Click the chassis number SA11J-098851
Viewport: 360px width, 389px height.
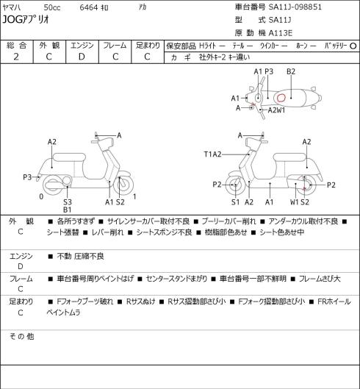(x=295, y=7)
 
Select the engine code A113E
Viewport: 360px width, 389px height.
(x=281, y=33)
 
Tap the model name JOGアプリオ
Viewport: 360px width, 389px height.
(x=26, y=19)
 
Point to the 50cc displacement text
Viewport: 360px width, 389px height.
(x=52, y=7)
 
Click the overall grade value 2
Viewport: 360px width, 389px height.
(x=16, y=57)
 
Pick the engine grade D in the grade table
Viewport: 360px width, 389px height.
(x=82, y=57)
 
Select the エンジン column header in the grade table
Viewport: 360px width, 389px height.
(x=82, y=46)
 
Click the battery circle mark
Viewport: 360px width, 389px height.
(x=353, y=46)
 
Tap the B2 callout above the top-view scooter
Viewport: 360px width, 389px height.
(x=291, y=72)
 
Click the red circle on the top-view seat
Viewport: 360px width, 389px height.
(x=281, y=98)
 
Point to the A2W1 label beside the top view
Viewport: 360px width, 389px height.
(x=276, y=110)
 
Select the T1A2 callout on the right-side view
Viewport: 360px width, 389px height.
(x=213, y=154)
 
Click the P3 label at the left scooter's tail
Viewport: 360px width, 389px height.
(x=27, y=177)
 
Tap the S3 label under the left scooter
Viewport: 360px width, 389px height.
(x=67, y=202)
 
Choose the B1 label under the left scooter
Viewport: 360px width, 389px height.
(x=67, y=210)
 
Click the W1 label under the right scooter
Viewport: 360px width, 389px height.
(x=295, y=202)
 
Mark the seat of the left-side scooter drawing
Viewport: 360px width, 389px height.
(x=69, y=157)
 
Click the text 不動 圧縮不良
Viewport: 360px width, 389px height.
(x=80, y=256)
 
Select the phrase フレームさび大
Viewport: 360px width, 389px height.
(x=320, y=279)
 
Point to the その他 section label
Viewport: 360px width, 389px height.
(x=21, y=337)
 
